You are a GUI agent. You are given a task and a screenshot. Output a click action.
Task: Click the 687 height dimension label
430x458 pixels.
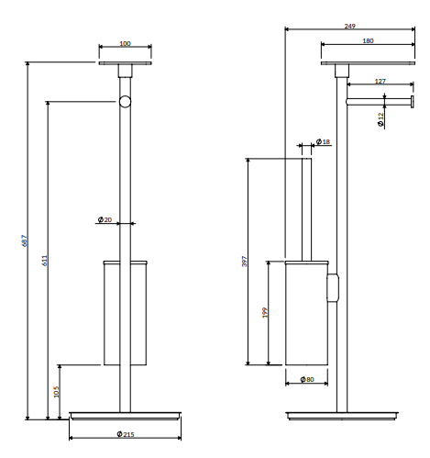25,240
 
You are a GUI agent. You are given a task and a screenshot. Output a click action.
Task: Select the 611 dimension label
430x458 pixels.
45,261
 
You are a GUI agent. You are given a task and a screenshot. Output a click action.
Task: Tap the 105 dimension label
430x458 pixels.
57,391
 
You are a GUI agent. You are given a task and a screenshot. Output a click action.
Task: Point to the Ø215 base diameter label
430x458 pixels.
126,434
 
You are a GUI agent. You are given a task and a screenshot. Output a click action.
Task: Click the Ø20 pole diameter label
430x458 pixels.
105,219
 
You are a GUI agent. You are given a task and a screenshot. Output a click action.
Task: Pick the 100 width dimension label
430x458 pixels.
125,44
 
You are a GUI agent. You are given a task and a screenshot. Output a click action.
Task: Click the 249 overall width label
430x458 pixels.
350,27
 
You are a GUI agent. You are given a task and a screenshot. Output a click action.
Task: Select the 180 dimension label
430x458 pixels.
368,40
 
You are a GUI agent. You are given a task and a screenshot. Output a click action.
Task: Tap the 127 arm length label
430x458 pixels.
380,82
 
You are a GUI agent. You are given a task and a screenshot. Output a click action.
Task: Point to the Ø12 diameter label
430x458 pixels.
380,119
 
